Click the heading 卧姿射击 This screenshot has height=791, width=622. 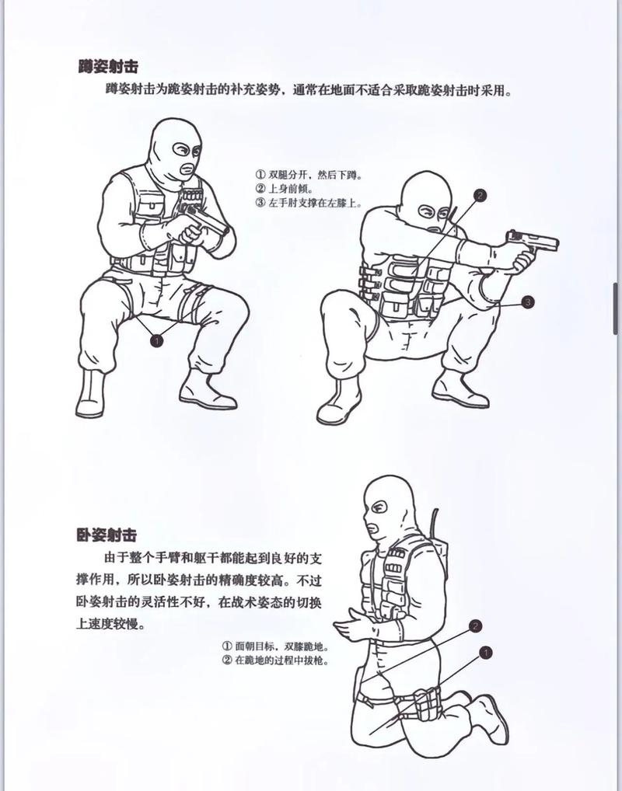point(107,535)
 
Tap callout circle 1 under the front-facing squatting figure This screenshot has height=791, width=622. point(157,340)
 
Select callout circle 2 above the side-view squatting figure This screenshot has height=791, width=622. point(480,196)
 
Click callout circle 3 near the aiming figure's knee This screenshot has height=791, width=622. point(528,302)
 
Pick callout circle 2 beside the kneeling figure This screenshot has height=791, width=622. point(477,625)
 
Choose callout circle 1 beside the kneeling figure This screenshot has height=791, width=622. point(485,653)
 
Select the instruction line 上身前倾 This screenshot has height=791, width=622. point(288,190)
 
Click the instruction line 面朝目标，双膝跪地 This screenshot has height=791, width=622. point(274,646)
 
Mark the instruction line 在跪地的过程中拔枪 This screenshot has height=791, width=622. point(274,660)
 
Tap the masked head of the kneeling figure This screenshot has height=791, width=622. point(386,509)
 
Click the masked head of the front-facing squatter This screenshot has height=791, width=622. point(176,148)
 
